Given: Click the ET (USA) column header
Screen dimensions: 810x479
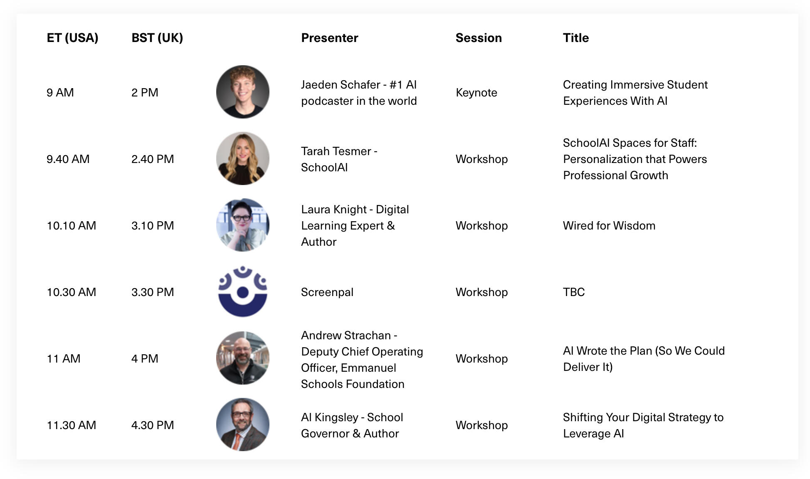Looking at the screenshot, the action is pos(72,38).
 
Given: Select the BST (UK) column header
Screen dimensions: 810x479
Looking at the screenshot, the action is pos(157,38).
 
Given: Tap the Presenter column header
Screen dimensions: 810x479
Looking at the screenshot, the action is pos(329,38).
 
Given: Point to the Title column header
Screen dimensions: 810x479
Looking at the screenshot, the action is pos(576,38).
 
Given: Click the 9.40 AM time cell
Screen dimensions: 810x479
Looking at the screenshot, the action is pos(68,159).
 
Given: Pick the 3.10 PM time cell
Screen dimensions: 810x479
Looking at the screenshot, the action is pos(153,225).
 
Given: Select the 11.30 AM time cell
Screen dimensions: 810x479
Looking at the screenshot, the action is pos(71,425).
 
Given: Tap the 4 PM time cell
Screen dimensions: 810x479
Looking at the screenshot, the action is pos(145,358).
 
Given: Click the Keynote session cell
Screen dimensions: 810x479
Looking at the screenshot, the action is pos(477,92).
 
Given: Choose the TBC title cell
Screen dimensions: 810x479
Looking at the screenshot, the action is pos(574,292).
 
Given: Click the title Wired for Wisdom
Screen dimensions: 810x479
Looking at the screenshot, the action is pos(609,225).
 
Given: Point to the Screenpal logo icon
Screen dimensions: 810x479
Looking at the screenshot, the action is pos(243,291).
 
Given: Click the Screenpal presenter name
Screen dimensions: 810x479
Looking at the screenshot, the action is pos(327,292).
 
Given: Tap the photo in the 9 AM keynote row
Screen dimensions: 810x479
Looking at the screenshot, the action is pos(243,92).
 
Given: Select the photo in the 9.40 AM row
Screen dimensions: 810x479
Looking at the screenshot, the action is pos(243,158).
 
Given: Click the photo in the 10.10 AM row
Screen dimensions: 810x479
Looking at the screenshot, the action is pos(243,225).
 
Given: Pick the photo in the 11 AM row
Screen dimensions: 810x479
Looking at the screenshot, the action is pos(243,358).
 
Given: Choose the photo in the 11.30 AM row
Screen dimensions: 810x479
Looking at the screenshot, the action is pos(243,425).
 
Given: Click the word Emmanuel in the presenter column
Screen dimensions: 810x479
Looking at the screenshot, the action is pos(368,368).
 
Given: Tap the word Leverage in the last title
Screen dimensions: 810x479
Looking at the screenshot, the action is pos(587,434).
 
